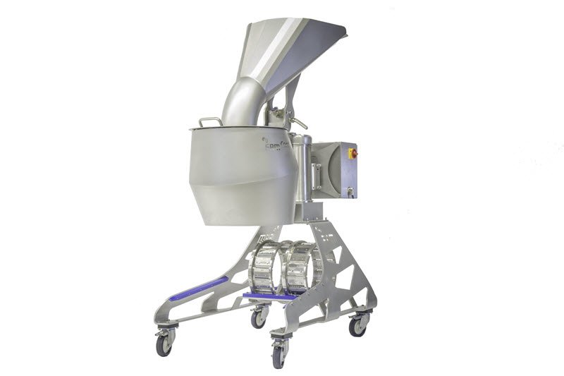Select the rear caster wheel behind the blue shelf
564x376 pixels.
click(259, 317)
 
